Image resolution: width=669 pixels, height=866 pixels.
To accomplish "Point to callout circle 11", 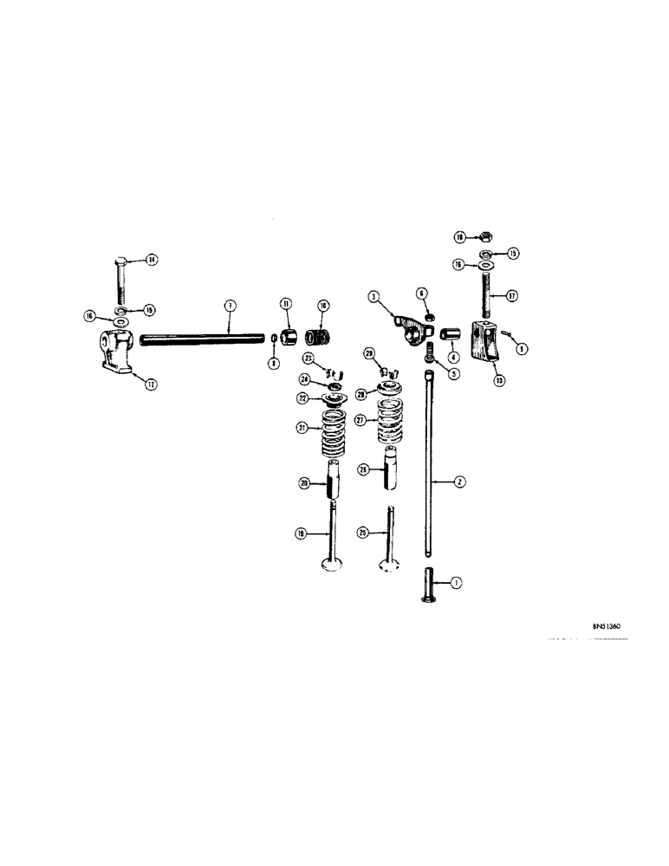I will pos(284,304).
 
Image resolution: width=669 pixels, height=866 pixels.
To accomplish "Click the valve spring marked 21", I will pos(334,433).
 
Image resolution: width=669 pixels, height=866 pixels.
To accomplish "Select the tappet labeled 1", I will pos(431,590).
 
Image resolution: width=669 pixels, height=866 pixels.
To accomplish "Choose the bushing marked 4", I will pos(451,334).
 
